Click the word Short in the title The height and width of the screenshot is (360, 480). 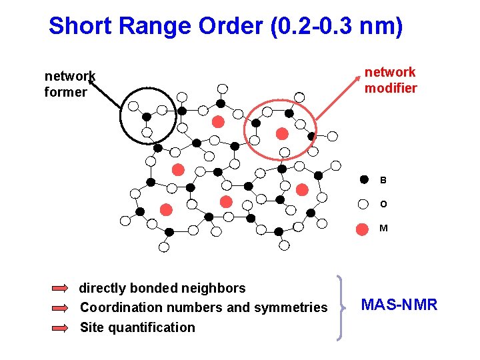point(74,26)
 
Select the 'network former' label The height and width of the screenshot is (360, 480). point(69,84)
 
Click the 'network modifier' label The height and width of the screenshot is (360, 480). point(390,80)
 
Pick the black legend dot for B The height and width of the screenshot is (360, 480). point(363,179)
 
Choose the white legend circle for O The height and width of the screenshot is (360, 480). point(363,204)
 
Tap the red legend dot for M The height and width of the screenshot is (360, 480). point(363,229)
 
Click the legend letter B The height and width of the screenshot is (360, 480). point(383,180)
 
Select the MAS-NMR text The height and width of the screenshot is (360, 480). point(399,305)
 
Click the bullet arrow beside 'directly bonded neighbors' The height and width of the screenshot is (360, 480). point(60,289)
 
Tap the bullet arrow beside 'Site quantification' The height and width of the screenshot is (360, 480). point(60,327)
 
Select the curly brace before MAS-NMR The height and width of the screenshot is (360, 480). point(341,307)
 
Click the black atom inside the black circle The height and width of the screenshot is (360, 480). point(146,116)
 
